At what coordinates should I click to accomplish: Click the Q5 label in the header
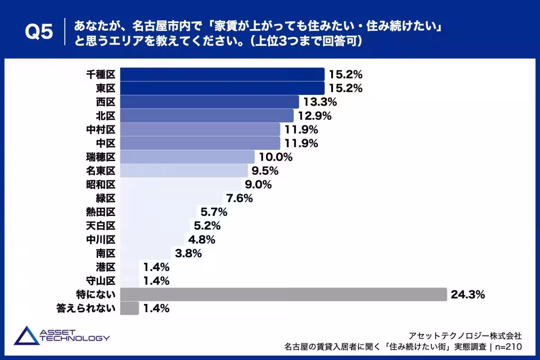[x=39, y=32]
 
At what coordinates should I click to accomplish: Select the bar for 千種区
[x=222, y=74]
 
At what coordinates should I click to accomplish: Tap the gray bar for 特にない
[x=283, y=294]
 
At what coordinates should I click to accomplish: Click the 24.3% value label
[x=468, y=295]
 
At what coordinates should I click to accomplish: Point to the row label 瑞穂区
[x=101, y=157]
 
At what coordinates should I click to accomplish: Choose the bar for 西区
[x=210, y=102]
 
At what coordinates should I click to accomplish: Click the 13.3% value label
[x=320, y=102]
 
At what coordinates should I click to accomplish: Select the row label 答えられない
[x=86, y=308]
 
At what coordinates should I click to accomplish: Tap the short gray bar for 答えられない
[x=130, y=308]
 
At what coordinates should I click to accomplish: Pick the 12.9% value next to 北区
[x=315, y=116]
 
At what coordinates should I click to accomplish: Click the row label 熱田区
[x=101, y=212]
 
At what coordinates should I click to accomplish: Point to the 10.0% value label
[x=275, y=157]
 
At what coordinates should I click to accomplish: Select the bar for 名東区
[x=184, y=171]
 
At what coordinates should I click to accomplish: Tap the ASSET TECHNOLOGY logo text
[x=75, y=335]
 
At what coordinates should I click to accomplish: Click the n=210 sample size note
[x=508, y=347]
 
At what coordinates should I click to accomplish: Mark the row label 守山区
[x=101, y=281]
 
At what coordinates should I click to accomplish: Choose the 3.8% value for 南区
[x=188, y=253]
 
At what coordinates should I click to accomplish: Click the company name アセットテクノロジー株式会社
[x=465, y=336]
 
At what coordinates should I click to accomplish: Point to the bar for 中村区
[x=200, y=130]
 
